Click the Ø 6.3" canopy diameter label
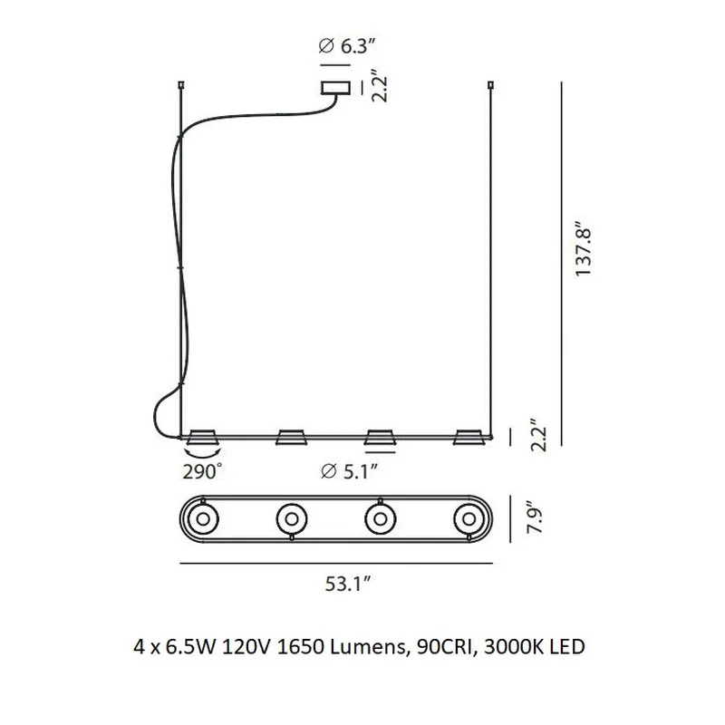346,46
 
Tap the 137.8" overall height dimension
583,252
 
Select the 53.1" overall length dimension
348,584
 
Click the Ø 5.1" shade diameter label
350,471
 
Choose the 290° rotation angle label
202,472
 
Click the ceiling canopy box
335,88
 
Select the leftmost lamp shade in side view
202,437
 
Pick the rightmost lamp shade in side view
469,437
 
